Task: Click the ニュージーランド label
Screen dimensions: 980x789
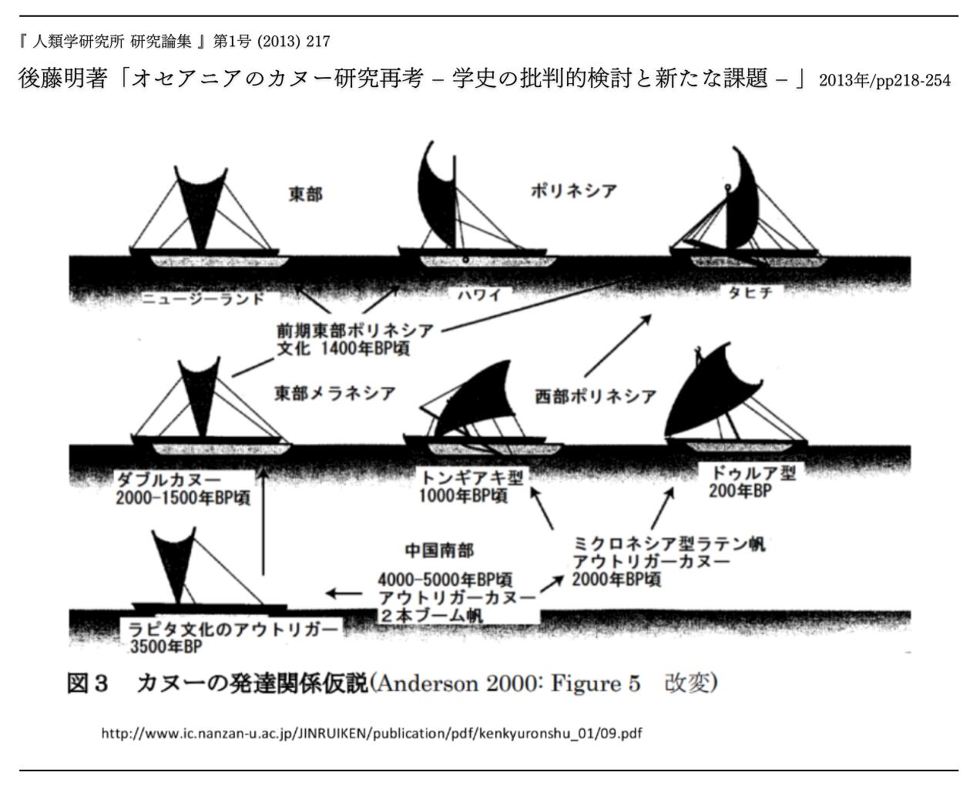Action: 203,298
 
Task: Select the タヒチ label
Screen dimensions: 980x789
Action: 750,293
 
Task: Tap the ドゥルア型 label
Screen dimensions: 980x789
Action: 747,473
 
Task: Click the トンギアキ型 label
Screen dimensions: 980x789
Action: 469,478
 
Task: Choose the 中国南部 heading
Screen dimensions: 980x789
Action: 439,550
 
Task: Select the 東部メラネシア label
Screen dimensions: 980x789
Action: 335,394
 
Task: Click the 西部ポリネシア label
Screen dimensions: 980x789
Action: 596,396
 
